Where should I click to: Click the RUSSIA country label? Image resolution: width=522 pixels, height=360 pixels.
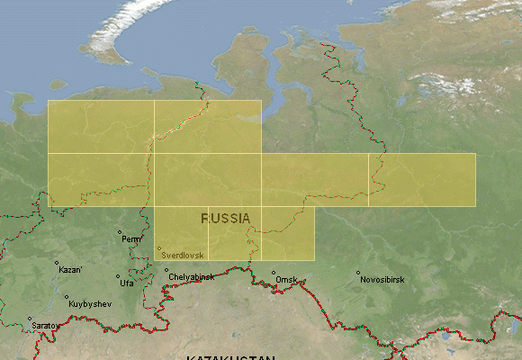pos(226,219)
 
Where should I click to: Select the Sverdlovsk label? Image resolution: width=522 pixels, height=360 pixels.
pos(184,256)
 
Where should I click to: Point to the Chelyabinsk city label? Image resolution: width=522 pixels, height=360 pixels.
pos(192,277)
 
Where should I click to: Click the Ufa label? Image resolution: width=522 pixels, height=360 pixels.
pos(127,283)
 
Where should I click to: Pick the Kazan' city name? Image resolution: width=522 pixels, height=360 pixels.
pos(70,270)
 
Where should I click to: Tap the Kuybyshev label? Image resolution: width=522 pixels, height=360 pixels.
pos(90,304)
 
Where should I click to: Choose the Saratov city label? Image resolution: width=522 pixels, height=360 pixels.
pos(47,325)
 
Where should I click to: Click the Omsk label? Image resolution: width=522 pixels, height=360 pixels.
pos(287,280)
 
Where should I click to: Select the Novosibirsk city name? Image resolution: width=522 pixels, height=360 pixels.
pos(382,280)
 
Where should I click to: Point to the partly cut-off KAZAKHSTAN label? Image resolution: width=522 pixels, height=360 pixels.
pos(230,356)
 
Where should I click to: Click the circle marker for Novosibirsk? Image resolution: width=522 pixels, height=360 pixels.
pos(357,274)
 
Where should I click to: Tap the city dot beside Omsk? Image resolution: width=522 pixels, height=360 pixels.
pos(274,274)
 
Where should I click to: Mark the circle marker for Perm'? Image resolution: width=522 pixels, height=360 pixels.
pos(120,232)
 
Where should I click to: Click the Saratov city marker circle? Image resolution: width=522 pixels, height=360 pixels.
pos(29,319)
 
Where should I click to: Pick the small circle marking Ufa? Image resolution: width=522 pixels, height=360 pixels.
pos(118,277)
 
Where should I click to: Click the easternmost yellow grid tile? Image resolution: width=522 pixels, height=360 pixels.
pos(421,180)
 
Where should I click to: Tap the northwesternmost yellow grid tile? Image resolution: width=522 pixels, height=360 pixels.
pos(101,126)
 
